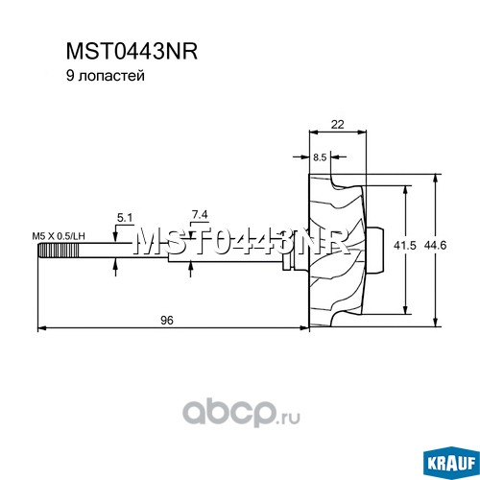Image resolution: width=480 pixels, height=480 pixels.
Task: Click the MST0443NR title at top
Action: (x=132, y=52)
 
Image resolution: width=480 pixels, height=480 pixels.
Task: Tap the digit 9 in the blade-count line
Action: (x=70, y=76)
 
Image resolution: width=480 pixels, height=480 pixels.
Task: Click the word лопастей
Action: (x=111, y=77)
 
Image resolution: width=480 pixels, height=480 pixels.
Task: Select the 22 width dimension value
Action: (x=337, y=124)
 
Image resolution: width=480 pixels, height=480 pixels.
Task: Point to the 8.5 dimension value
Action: (x=320, y=157)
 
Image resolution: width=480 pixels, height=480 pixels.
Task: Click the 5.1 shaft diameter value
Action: (x=125, y=218)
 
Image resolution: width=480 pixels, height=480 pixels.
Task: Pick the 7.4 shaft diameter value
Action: (x=200, y=215)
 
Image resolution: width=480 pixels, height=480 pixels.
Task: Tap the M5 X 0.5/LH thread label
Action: (x=59, y=236)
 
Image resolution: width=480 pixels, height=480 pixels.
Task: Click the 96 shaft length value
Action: (x=167, y=320)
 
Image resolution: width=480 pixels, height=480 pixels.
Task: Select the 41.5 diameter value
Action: (x=405, y=246)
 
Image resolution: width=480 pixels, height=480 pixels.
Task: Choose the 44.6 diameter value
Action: (x=435, y=246)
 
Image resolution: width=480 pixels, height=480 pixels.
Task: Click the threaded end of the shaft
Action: (x=59, y=251)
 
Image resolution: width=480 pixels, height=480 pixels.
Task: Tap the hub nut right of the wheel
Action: (x=375, y=251)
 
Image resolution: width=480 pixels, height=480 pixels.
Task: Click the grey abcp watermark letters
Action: (x=228, y=414)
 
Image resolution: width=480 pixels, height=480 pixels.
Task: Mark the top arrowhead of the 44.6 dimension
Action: (x=435, y=180)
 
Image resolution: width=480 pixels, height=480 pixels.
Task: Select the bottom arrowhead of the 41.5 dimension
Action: (x=405, y=309)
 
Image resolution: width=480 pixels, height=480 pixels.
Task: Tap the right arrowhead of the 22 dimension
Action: (x=361, y=132)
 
